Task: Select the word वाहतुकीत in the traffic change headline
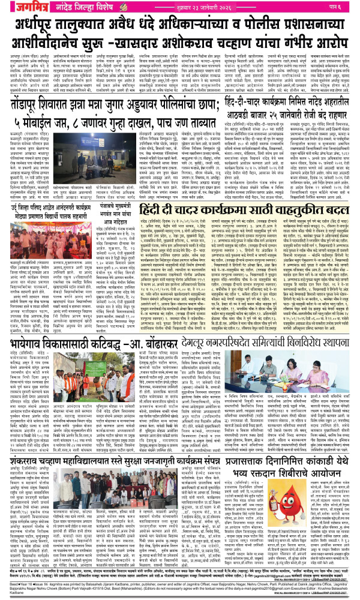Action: pyautogui.click(x=286, y=194)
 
